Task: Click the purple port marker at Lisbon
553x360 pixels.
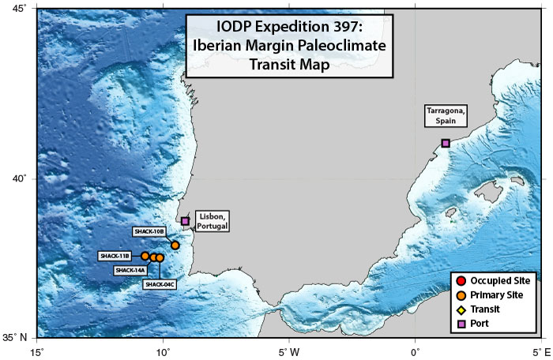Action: coord(185,221)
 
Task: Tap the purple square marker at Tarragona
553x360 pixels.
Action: coord(446,143)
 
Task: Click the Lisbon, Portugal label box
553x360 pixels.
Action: coord(213,221)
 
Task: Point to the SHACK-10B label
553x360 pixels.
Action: coord(149,231)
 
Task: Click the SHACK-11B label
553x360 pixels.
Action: coord(115,256)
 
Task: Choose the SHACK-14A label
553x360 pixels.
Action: coord(130,270)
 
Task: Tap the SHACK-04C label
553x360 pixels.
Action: coord(160,283)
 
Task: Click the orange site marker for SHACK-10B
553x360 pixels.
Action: coord(175,246)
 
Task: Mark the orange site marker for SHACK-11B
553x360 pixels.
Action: coord(145,256)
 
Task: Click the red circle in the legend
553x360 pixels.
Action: coord(461,280)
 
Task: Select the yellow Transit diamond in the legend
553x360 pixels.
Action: coord(461,309)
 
